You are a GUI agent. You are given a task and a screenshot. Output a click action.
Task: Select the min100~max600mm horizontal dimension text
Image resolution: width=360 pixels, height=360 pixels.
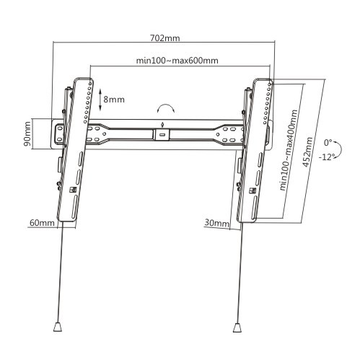(177, 60)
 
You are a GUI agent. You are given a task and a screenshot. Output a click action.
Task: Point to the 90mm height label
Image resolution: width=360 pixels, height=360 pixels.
(27, 133)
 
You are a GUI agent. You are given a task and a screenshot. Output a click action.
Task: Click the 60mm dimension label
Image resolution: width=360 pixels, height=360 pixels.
(41, 224)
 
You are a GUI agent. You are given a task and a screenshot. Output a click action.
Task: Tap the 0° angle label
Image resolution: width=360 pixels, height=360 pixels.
(329, 143)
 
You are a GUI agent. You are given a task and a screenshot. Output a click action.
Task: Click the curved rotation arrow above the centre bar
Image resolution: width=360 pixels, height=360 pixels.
(166, 107)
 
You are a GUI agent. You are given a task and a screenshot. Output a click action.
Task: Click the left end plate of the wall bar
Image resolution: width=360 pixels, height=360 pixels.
(58, 133)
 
